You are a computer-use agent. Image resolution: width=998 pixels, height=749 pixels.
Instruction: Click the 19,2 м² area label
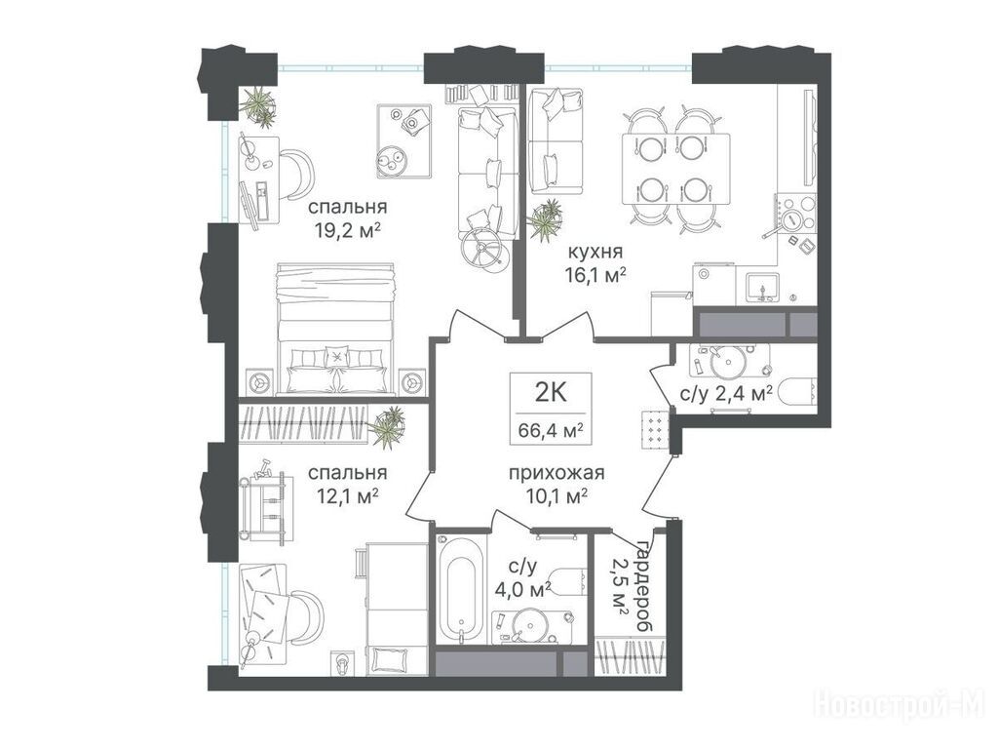coord(348,229)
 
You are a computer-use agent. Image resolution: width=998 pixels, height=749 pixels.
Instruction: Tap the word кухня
coord(595,253)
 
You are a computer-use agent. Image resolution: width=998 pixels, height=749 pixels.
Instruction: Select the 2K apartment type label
coord(551,393)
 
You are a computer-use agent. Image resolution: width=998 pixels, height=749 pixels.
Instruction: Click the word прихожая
coord(557,473)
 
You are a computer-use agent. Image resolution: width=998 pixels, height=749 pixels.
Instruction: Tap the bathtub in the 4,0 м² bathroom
coord(461,590)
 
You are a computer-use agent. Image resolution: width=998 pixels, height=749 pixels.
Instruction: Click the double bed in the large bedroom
coord(336,329)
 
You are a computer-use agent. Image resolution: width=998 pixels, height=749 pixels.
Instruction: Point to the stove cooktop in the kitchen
coord(795,212)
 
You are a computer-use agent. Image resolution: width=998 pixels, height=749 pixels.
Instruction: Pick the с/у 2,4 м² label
coord(726,394)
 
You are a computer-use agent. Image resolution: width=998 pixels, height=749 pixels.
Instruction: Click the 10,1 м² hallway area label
coord(557,496)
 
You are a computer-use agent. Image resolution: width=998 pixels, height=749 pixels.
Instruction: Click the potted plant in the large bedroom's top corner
coord(257,103)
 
